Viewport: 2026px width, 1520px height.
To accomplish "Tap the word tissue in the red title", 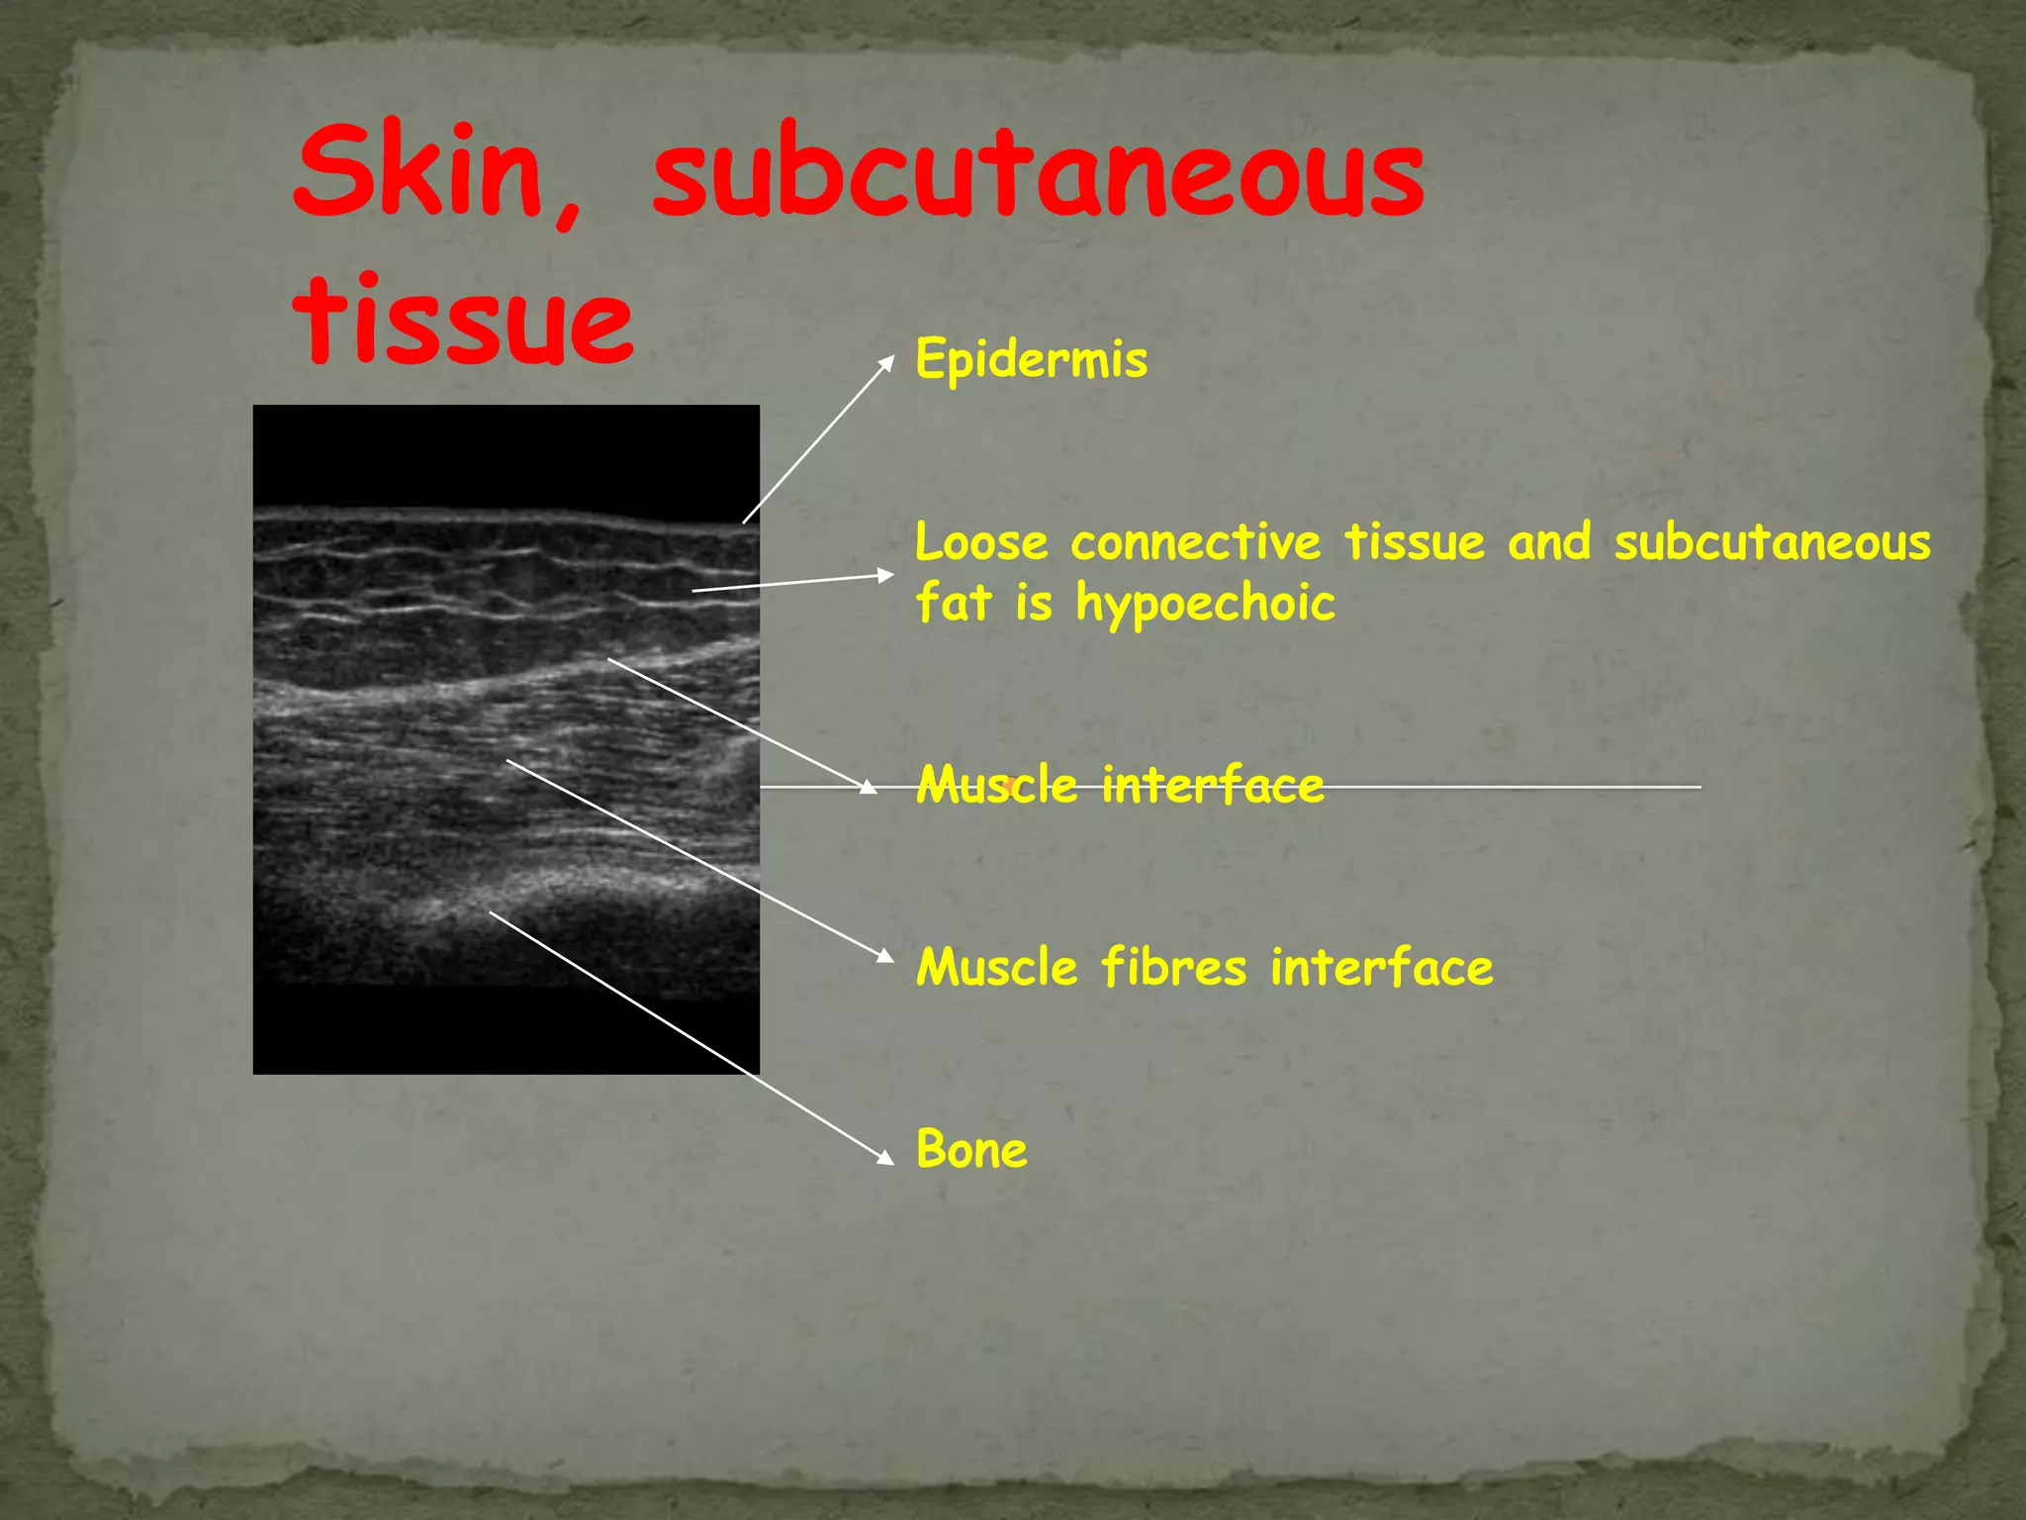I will point(463,319).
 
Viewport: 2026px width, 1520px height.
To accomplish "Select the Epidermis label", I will point(1031,358).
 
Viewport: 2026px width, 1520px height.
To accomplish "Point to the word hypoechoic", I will point(1205,604).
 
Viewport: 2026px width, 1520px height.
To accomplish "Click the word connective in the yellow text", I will point(1195,543).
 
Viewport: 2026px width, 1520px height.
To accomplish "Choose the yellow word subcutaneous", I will point(1772,543).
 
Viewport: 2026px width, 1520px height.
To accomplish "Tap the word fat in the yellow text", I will point(953,603).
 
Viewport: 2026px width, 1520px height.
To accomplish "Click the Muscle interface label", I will point(1119,786).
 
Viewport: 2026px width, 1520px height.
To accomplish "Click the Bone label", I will point(971,1150).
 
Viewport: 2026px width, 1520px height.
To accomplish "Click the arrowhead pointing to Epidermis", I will point(886,363).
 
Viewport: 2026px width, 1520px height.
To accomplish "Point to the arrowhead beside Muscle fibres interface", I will point(884,955).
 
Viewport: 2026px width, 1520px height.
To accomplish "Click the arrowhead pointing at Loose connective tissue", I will point(885,575).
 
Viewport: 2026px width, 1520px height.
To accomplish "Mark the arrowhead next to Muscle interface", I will point(868,788).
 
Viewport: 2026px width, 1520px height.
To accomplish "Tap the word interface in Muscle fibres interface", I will point(1382,967).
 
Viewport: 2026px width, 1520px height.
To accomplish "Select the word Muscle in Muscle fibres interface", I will point(996,967).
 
